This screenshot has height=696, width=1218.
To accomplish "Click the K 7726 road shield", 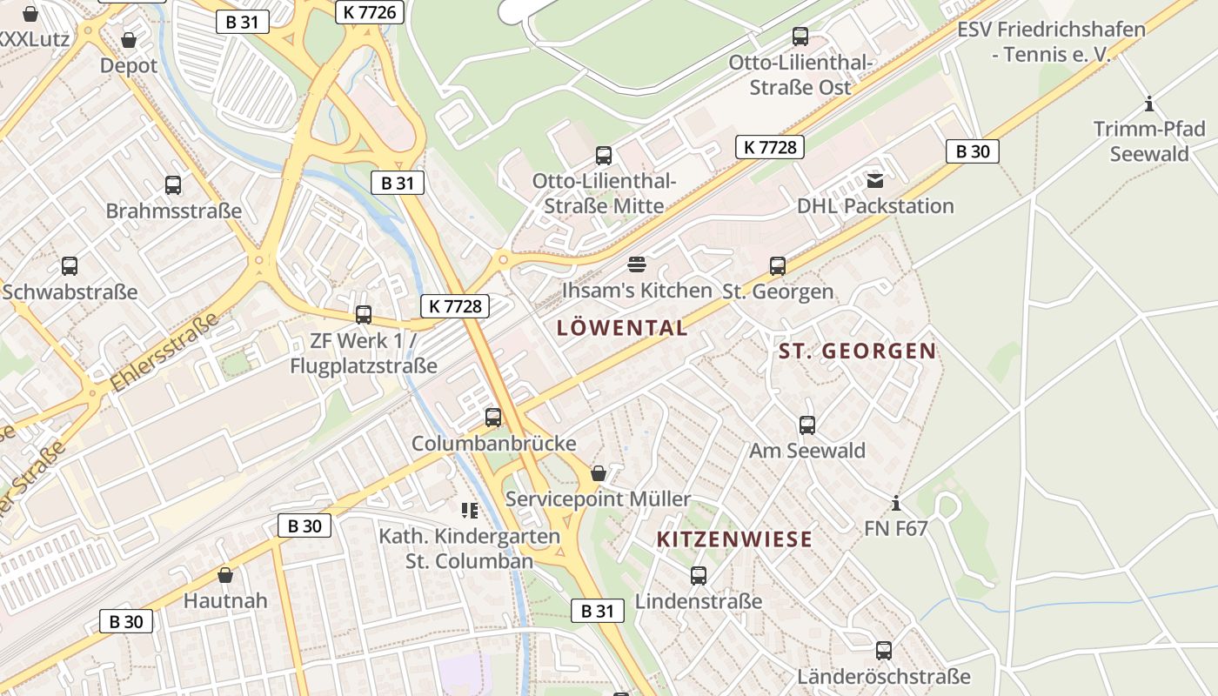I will click(369, 11).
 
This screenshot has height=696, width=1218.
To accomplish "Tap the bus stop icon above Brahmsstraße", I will click(173, 184).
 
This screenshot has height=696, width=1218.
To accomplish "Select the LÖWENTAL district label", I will click(622, 328).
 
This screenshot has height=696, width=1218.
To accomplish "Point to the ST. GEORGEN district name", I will click(857, 351).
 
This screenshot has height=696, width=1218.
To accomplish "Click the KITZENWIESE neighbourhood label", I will click(734, 539).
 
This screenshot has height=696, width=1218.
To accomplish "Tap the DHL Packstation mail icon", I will click(874, 180).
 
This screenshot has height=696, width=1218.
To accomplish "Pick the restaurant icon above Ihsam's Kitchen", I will click(637, 264).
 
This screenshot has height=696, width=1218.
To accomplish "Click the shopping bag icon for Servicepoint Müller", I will click(598, 473).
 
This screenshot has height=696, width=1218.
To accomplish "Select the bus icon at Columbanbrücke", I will click(493, 418).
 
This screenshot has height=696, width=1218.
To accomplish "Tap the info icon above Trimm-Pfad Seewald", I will click(1149, 104).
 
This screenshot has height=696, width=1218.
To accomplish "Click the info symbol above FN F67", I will click(896, 503).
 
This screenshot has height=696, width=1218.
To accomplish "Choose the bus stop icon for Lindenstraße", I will click(698, 575).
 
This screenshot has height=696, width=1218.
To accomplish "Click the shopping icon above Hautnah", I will click(225, 575).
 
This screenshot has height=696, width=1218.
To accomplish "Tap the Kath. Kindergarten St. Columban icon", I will click(470, 511).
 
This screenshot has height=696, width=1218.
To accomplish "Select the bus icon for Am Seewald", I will click(807, 425).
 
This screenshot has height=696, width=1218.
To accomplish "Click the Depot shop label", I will click(129, 65).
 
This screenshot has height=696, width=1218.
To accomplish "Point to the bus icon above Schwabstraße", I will click(70, 266).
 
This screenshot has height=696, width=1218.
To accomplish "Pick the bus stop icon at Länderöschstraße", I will click(884, 651).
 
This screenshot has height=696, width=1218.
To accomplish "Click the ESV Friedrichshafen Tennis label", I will click(1051, 42).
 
